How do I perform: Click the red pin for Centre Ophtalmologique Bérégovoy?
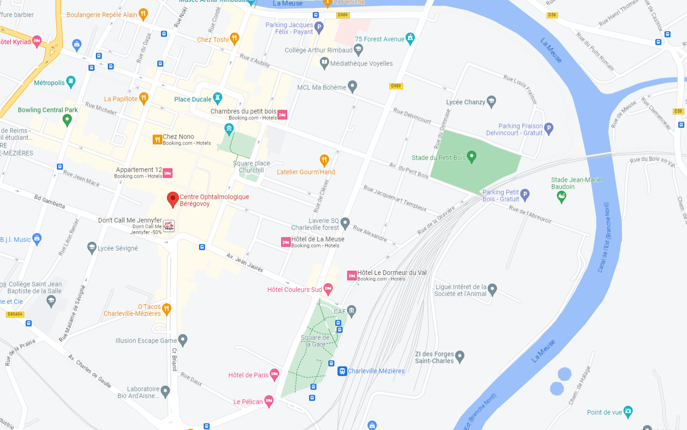[172, 199]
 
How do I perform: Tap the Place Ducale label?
[193, 99]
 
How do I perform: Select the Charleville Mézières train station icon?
[342, 371]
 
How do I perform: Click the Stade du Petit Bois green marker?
[471, 157]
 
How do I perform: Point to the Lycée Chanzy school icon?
[491, 101]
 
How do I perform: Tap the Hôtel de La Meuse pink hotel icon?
[286, 242]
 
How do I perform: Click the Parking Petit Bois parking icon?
[525, 195]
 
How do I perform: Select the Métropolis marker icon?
[71, 82]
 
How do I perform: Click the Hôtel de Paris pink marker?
[274, 374]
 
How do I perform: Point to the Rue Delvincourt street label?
[412, 116]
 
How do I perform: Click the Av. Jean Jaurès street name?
[244, 262]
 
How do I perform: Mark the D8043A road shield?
[15, 314]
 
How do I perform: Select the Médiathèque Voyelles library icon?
[324, 63]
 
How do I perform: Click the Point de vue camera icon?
[628, 411]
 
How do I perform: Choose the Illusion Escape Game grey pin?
[183, 340]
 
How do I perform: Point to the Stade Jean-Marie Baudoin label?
[576, 183]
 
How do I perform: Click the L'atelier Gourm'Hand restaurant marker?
[324, 160]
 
